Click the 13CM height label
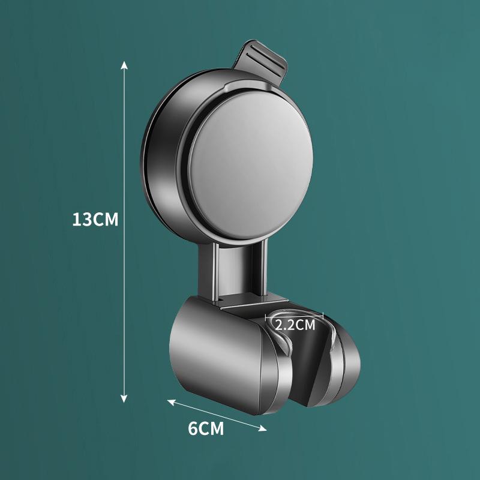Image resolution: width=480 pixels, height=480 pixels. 95,219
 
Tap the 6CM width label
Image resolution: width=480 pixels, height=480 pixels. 206,429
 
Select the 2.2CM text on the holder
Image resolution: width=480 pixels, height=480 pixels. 295,326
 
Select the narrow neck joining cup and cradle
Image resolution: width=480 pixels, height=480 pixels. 238,270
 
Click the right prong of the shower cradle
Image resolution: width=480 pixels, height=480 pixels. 345,360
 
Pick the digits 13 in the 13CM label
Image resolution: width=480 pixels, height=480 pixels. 81,219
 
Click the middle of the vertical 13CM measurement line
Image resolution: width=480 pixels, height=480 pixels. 124,231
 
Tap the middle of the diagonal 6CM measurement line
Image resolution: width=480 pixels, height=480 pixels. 217,414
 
